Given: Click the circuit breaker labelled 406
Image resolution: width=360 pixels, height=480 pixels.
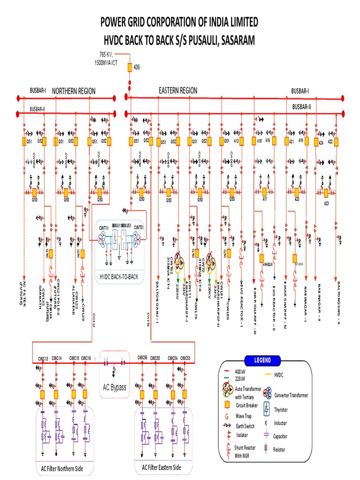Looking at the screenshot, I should tap(130, 68).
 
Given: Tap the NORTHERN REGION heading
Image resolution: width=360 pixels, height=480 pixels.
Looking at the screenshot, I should tap(74, 91).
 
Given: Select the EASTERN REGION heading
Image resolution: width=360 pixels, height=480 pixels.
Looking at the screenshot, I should tap(178, 90).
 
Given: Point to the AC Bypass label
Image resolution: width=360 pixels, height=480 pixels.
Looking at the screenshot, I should tap(115, 387).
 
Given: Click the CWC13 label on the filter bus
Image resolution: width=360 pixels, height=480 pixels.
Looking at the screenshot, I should tap(44, 359).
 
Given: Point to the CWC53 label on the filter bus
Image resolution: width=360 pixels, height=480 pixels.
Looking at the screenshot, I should tap(185, 358).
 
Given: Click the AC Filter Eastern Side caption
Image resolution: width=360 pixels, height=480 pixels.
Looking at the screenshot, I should tap(161, 467).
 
